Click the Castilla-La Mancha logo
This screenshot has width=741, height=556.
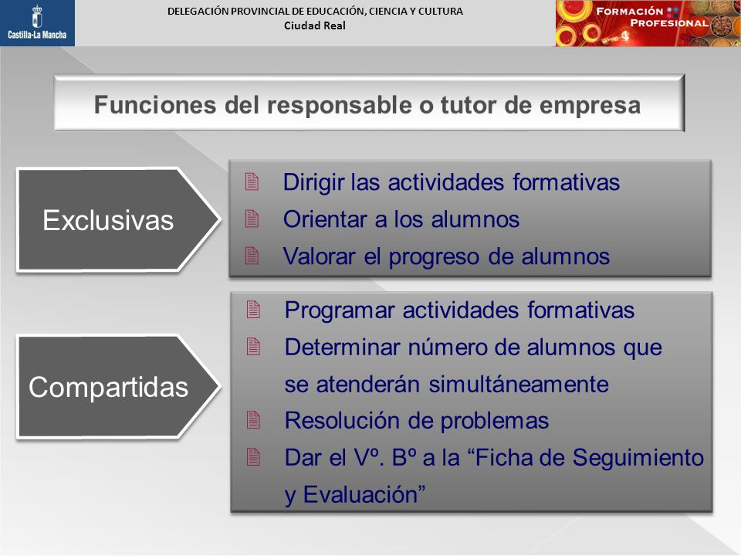[x=37, y=22]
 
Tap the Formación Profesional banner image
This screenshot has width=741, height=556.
[x=648, y=23]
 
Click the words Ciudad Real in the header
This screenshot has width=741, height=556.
[x=315, y=26]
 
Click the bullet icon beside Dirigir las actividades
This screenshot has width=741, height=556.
[x=252, y=182]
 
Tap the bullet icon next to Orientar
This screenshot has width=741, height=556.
[x=252, y=219]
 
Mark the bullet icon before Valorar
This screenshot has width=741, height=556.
[x=252, y=256]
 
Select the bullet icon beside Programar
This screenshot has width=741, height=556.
[x=253, y=310]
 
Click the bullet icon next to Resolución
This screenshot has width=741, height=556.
[x=253, y=420]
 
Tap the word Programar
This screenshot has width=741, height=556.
[x=340, y=311]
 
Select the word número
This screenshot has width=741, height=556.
[x=447, y=347]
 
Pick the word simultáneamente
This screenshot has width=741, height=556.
[x=519, y=384]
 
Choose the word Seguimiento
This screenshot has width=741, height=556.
[x=638, y=459]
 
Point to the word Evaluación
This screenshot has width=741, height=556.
[x=364, y=495]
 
